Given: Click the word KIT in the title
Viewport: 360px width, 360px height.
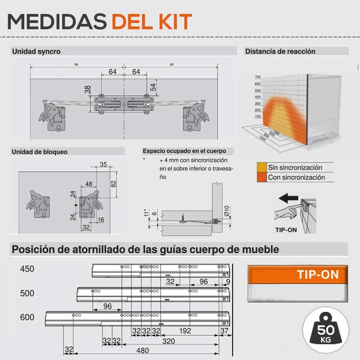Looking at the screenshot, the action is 175,22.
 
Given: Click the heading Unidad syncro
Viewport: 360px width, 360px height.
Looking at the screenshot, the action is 36,51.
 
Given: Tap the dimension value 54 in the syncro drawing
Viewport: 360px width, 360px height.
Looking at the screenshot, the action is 153,87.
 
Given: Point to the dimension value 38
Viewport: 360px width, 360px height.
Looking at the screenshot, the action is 87,89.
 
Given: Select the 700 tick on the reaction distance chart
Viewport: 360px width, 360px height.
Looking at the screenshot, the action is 257,77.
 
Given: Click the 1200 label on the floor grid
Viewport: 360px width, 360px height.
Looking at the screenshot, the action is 262,139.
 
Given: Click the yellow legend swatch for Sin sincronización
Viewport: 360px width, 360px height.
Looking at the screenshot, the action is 262,167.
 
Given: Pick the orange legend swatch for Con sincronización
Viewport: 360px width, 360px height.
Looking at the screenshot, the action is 262,177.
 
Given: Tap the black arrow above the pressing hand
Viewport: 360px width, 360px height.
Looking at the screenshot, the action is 288,198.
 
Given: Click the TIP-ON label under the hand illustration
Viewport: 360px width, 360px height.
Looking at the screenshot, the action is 286,230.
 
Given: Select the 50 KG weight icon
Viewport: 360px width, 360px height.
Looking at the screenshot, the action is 325,330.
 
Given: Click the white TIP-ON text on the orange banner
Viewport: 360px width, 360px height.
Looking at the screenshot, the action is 318,274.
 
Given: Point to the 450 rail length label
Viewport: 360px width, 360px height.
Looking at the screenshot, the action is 27,269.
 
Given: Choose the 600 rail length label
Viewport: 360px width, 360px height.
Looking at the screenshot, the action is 27,317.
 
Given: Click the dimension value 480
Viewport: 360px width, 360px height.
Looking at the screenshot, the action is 143,351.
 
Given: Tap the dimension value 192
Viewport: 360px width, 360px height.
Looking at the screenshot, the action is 185,331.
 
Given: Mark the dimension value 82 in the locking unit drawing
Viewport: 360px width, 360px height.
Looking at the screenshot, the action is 113,184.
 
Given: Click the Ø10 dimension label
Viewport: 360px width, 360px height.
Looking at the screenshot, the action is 227,211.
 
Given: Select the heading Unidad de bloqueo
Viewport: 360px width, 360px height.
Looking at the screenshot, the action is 40,152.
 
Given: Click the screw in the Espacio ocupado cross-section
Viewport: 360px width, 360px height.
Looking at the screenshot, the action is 183,219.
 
